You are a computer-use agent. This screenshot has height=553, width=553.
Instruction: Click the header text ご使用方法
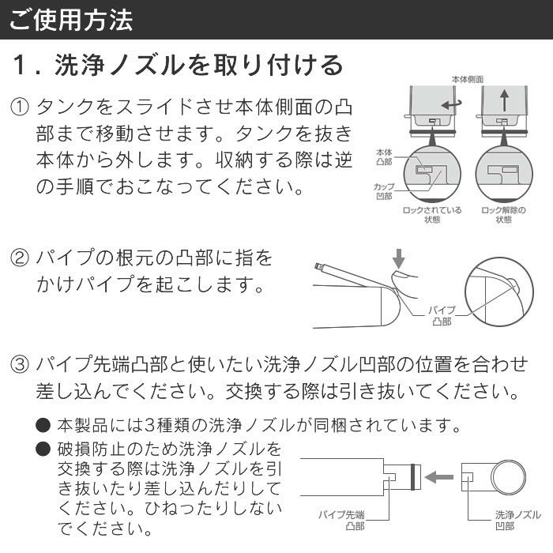[x=71, y=20]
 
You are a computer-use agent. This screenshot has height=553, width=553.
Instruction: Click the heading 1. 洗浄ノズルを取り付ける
[x=179, y=65]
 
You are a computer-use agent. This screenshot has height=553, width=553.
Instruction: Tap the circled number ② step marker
[x=20, y=258]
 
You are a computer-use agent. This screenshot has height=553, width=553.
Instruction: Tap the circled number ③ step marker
[x=20, y=364]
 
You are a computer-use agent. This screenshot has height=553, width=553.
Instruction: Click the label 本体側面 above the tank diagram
[x=467, y=80]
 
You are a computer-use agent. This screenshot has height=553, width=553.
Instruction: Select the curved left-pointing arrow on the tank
[x=451, y=103]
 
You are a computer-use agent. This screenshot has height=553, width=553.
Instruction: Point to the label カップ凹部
[x=385, y=190]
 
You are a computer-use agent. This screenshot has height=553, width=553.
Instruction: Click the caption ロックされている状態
[x=432, y=215]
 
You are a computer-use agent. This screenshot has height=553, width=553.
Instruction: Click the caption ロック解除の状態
[x=503, y=215]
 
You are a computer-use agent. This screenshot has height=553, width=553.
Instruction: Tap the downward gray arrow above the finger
[x=399, y=258]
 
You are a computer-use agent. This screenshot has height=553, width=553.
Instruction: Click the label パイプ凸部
[x=442, y=316]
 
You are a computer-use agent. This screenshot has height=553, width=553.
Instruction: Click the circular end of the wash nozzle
[x=508, y=477]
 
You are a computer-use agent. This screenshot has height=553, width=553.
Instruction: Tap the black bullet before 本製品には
[x=43, y=425]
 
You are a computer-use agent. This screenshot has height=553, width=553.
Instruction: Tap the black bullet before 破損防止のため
[x=43, y=450]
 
